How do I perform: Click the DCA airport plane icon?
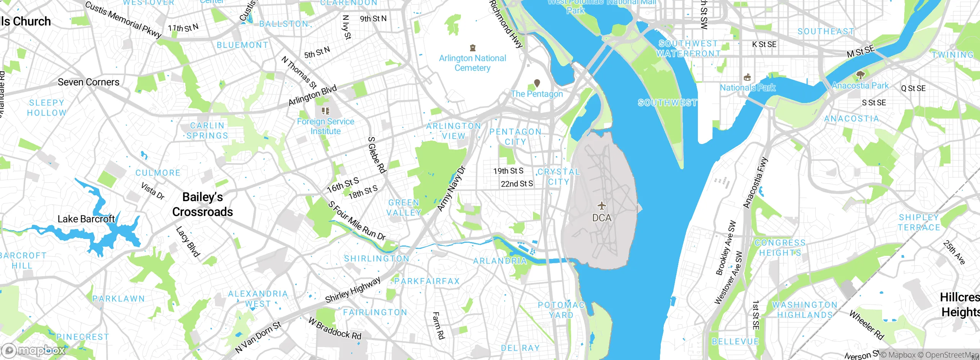pos(602,206)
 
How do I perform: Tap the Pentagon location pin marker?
pos(537,83)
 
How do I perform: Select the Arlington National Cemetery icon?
pos(473,48)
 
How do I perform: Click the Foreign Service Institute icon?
pos(326,111)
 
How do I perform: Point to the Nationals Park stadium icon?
pos(747,77)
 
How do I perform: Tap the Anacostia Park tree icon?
pos(860,75)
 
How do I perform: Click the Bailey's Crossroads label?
pos(203,204)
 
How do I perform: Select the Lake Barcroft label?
pos(86,219)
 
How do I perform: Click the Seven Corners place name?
pos(88,82)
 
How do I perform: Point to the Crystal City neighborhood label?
pos(559,177)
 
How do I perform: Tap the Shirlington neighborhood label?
pos(377,259)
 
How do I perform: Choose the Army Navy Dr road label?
pos(451,188)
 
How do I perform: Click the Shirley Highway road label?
pos(353,290)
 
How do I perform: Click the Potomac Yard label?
pos(561,310)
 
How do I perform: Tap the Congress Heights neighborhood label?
pos(780,248)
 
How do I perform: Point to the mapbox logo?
pos(34,350)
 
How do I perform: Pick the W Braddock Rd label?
pos(335,329)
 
